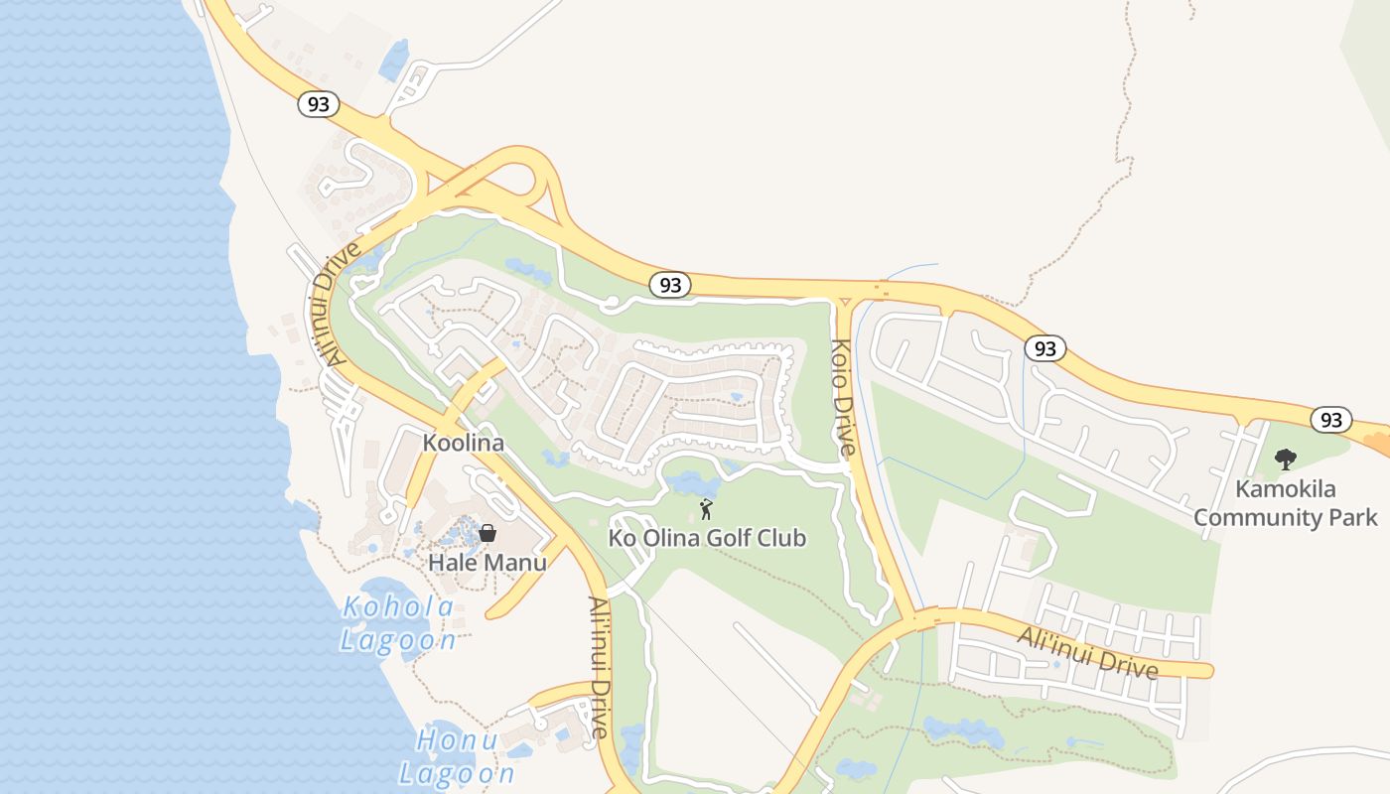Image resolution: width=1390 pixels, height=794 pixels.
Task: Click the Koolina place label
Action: pos(464,443)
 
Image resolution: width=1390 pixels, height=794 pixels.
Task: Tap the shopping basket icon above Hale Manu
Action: pos(487,533)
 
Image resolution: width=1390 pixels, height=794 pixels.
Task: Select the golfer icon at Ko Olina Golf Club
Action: pos(706,509)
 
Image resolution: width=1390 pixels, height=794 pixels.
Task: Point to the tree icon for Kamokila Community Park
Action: pos(1285,460)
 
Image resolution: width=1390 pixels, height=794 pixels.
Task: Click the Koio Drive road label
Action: pos(842,397)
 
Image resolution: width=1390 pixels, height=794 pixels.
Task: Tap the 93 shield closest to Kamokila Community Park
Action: pos(1330,419)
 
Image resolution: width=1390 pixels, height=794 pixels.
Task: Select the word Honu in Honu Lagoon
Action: pos(457,740)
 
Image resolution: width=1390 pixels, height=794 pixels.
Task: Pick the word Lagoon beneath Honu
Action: pos(457,773)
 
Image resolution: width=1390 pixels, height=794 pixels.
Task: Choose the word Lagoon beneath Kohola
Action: pos(398,640)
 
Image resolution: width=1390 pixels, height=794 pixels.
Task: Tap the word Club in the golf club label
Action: pos(780,539)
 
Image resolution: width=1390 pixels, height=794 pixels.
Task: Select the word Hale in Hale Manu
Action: pos(451,563)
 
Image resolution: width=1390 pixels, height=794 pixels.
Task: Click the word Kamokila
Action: pos(1285,489)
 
